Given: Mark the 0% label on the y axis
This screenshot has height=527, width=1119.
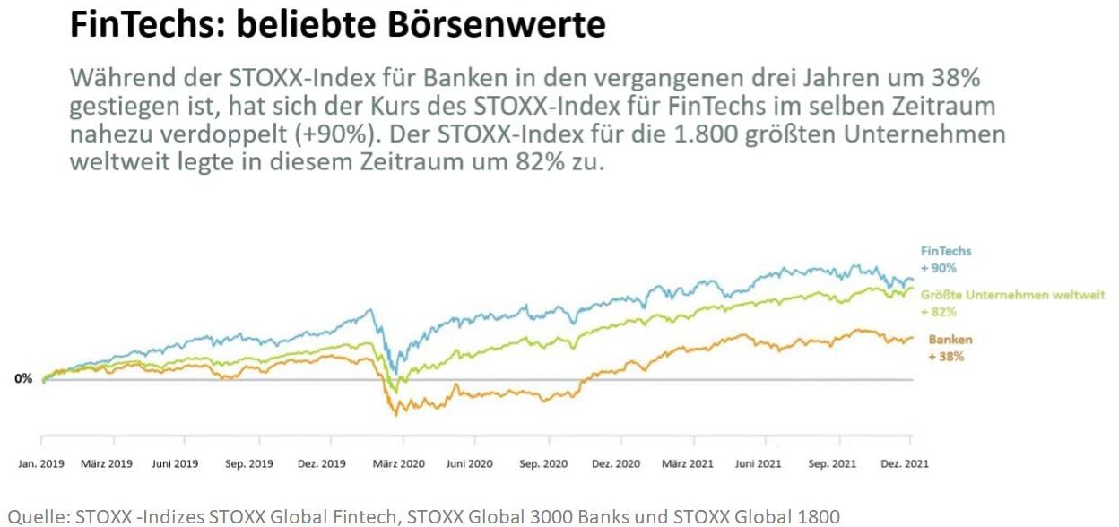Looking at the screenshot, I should (x=22, y=379).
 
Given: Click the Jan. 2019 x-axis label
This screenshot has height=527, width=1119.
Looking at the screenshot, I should (x=41, y=463).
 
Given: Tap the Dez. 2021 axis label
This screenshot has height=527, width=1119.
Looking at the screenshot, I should (x=904, y=463).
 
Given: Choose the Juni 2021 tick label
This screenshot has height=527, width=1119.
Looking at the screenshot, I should (x=758, y=463).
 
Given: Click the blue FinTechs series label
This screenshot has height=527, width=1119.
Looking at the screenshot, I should (x=946, y=252).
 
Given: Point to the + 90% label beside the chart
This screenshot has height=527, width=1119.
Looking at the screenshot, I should (x=939, y=268).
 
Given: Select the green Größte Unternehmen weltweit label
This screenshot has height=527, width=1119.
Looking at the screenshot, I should (x=1013, y=295).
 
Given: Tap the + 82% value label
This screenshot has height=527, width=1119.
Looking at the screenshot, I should (x=939, y=312).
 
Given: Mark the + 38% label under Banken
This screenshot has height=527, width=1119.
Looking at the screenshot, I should (x=946, y=357).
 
